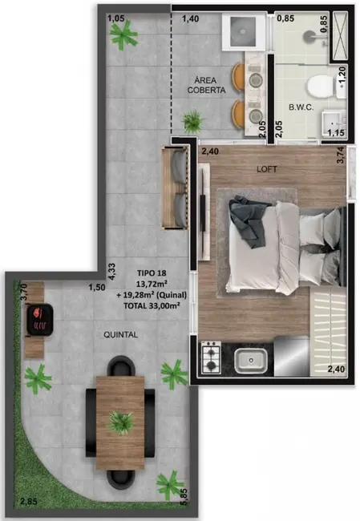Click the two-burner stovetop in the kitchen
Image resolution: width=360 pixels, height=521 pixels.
211,357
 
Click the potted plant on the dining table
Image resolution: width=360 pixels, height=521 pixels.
121,420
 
